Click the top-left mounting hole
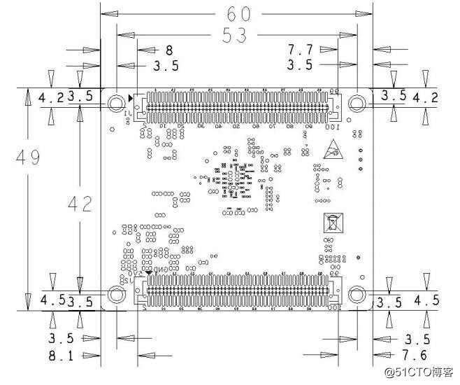pyautogui.click(x=116, y=104)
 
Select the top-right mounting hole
pyautogui.click(x=357, y=103)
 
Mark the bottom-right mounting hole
pyautogui.click(x=357, y=295)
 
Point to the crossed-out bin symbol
pyautogui.click(x=332, y=223)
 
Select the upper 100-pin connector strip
pyautogui.click(x=235, y=105)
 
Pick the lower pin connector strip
pyautogui.click(x=236, y=293)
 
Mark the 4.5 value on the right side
pyautogui.click(x=426, y=301)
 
